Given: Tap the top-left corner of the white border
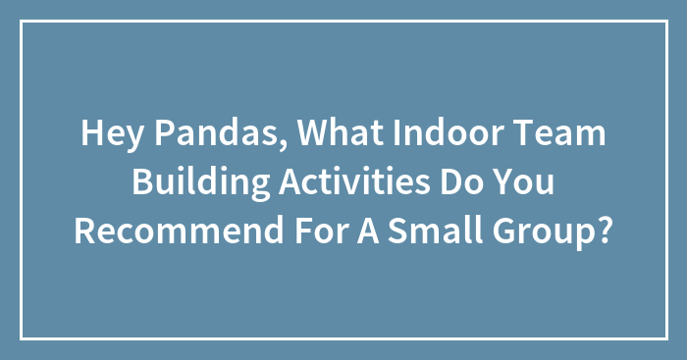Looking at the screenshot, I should click(x=22, y=22).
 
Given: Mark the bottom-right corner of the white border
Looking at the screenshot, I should click(x=665, y=338).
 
